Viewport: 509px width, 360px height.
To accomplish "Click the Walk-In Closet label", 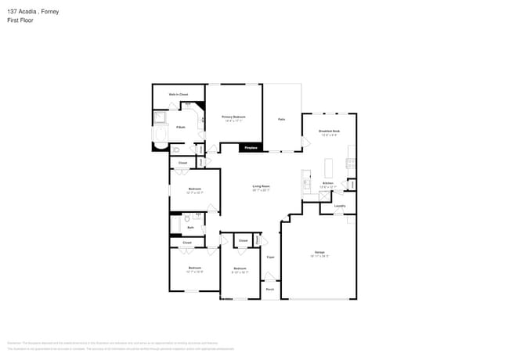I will (179, 95).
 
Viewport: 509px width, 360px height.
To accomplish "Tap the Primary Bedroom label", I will (234, 118).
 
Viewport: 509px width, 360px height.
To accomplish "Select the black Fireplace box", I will (251, 147).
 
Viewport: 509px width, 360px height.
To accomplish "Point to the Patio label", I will (281, 119).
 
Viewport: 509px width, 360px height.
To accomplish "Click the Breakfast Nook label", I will (329, 131).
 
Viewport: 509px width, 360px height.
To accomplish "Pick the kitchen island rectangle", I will (329, 167).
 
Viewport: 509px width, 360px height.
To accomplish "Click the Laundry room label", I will (340, 206).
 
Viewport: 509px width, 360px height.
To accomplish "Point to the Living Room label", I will (261, 188).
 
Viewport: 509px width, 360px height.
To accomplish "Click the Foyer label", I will (270, 257).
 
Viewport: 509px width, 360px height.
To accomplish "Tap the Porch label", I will (269, 288).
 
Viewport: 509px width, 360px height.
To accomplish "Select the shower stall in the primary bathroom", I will (160, 118).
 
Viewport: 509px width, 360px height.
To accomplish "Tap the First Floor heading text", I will (21, 20).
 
